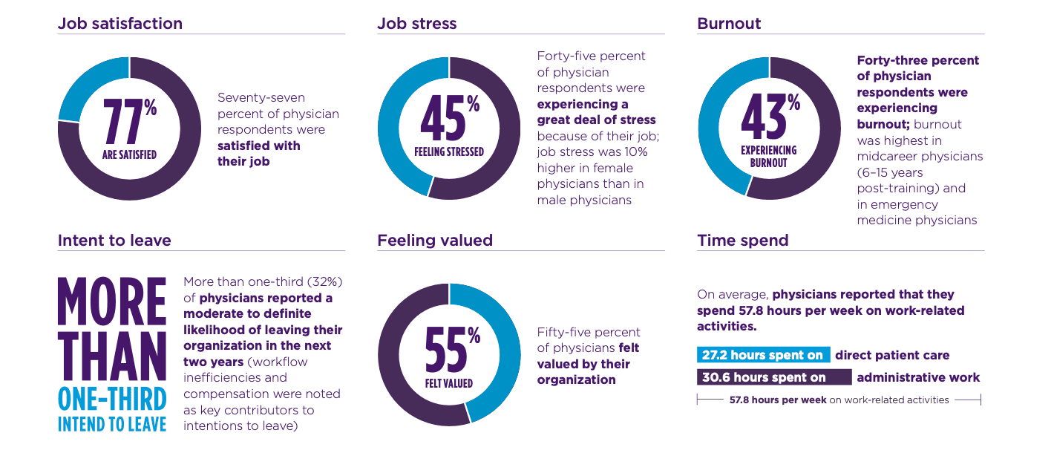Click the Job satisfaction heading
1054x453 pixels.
(x=120, y=24)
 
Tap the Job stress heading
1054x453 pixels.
(x=417, y=24)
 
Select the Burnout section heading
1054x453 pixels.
(x=729, y=24)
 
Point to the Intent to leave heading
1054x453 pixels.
(x=114, y=240)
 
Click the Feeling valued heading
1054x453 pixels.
(x=435, y=240)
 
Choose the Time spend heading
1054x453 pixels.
(x=742, y=240)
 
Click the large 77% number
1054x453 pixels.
(x=129, y=121)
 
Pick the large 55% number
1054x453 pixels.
(x=452, y=349)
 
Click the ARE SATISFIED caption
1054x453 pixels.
(x=129, y=154)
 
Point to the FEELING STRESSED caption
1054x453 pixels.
(x=449, y=151)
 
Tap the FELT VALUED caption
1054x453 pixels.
(x=449, y=383)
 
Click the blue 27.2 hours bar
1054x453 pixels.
(x=763, y=354)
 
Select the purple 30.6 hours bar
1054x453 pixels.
(x=774, y=377)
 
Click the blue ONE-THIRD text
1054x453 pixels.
(x=112, y=400)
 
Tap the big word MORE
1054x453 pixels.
(x=112, y=302)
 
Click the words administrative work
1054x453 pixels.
(x=918, y=377)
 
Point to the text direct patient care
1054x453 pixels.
(x=892, y=355)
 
